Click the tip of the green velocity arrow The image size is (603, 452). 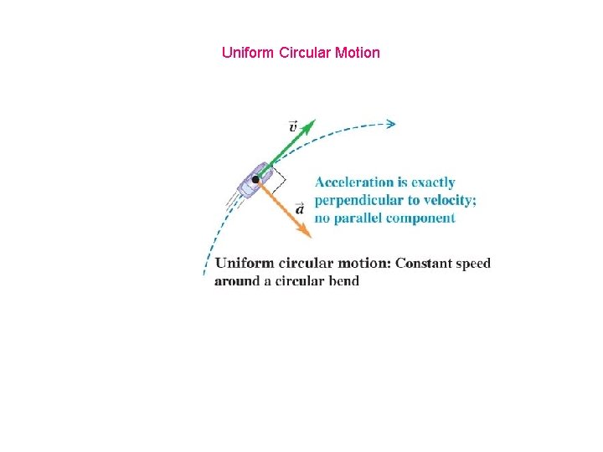[315, 120]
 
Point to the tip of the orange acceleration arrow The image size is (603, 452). [311, 238]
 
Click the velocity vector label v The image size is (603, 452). [292, 126]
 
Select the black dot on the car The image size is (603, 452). [255, 179]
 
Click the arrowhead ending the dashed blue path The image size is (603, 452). [390, 124]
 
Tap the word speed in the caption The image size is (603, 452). [474, 265]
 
